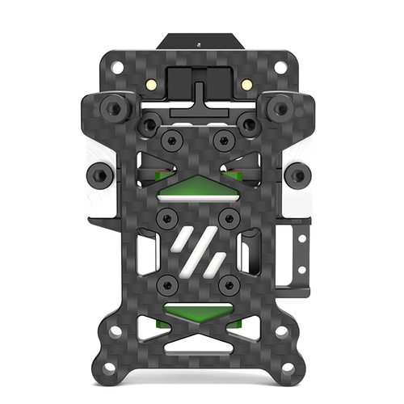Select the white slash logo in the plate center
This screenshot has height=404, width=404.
199,250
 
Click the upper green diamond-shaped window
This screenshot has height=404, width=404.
198,187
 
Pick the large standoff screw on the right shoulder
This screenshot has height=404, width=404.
280,106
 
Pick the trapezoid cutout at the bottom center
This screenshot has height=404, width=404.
199,346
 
